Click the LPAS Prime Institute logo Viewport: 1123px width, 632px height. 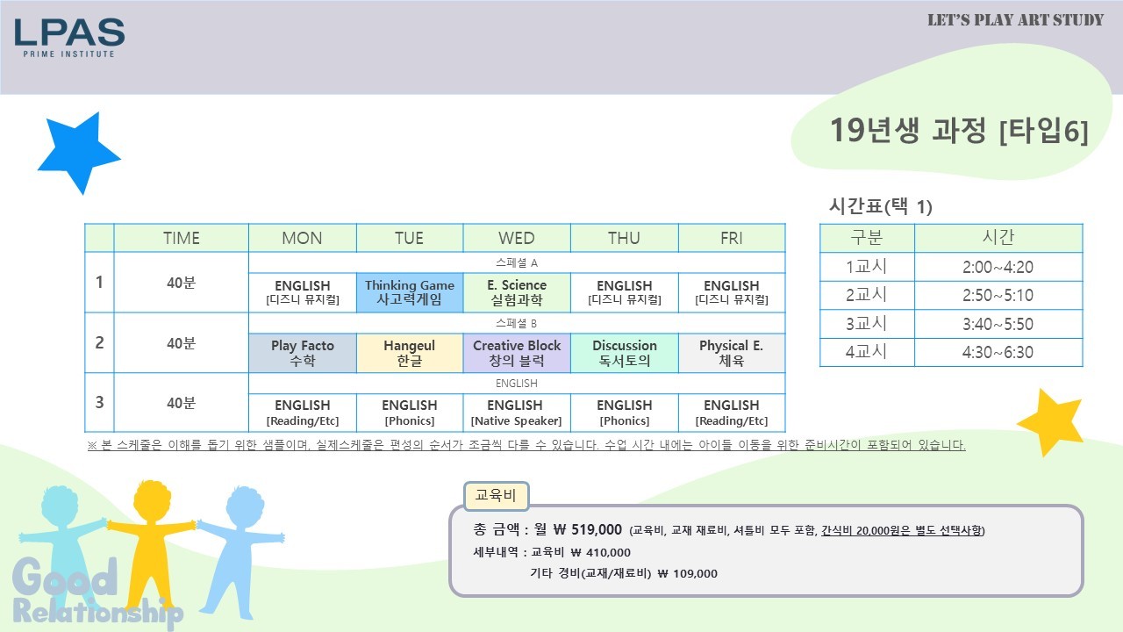pos(69,38)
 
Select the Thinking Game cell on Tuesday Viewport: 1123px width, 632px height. pos(410,292)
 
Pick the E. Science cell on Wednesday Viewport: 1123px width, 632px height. pos(517,292)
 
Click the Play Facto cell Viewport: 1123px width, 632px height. pos(303,353)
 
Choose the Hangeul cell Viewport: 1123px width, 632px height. pos(410,353)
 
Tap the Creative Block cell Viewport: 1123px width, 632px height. pos(517,353)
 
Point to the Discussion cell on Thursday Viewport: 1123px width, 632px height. pos(624,353)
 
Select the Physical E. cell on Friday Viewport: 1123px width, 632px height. pos(732,353)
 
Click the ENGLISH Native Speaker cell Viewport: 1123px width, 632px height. pos(517,413)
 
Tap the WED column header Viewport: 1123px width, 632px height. pos(517,238)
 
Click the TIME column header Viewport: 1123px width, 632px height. pos(181,238)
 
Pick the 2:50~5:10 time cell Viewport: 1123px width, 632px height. pos(998,295)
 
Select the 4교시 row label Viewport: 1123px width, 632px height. pos(867,352)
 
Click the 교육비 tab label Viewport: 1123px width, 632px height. pos(496,496)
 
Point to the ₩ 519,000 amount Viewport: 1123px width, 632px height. pos(588,529)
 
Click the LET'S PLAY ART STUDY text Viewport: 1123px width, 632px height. pos(1015,20)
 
